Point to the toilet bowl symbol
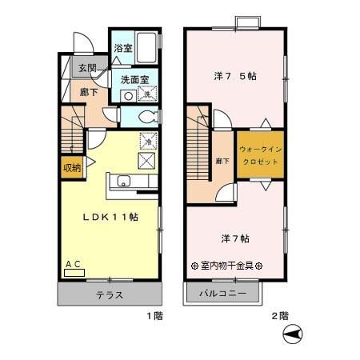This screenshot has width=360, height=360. click(146, 116)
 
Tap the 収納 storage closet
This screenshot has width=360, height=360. click(70, 168)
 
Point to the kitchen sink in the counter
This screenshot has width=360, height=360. click(125, 181)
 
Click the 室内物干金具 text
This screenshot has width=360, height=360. click(227, 266)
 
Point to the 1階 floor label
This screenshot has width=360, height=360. click(154, 317)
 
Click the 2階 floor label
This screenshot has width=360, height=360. click(278, 317)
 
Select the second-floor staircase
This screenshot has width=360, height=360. click(199, 152)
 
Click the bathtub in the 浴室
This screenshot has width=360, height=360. click(146, 46)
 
